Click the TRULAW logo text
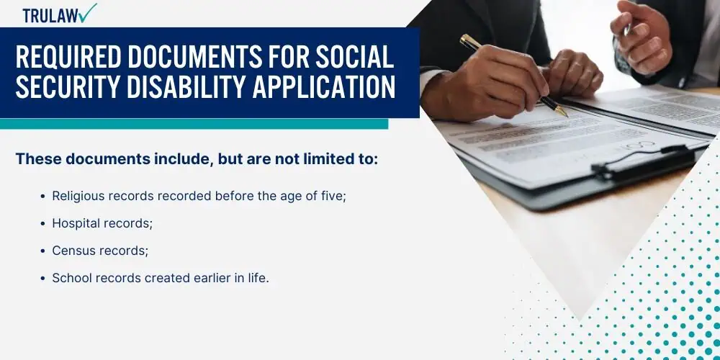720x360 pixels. pyautogui.click(x=50, y=16)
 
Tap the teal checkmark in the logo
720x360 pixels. pyautogui.click(x=87, y=12)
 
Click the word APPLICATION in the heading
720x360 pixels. pyautogui.click(x=324, y=87)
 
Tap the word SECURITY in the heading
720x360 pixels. pyautogui.click(x=69, y=87)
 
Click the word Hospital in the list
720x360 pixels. pyautogui.click(x=76, y=224)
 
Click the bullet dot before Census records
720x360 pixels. pyautogui.click(x=42, y=251)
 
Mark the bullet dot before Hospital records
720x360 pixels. pyautogui.click(x=42, y=224)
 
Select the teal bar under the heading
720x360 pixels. pyautogui.click(x=194, y=124)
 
